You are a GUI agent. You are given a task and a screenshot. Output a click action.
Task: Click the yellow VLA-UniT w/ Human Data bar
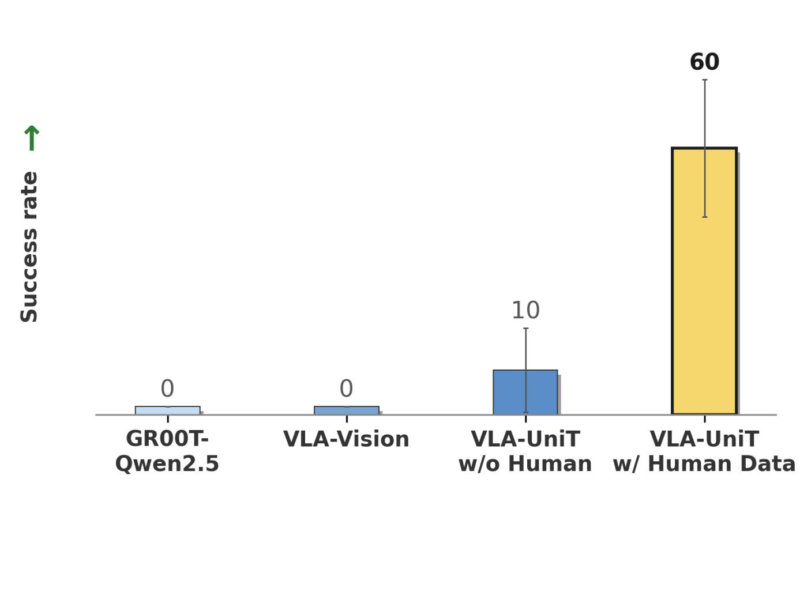click(x=704, y=281)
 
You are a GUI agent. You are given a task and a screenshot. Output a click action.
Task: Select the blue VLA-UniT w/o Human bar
click(x=525, y=392)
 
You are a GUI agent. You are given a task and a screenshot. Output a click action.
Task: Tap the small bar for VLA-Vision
click(x=346, y=410)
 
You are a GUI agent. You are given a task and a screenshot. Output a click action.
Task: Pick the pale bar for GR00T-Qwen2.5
click(x=168, y=410)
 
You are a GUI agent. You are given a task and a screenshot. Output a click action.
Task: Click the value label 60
click(x=704, y=62)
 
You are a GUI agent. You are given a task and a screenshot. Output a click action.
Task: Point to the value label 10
click(x=525, y=310)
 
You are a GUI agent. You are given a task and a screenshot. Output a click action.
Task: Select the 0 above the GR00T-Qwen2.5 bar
click(x=167, y=389)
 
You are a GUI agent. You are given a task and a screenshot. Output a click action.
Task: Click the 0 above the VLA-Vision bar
click(x=346, y=389)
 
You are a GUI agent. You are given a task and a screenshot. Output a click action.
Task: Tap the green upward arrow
click(x=32, y=138)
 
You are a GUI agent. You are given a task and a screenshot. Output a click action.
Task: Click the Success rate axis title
click(x=29, y=247)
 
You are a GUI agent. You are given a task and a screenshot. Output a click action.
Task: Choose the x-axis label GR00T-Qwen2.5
click(x=167, y=451)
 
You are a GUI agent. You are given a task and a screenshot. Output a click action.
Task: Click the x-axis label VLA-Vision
click(x=346, y=439)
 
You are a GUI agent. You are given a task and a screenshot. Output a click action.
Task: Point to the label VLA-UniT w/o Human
click(x=525, y=451)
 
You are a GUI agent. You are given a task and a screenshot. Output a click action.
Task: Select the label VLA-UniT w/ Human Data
click(x=704, y=451)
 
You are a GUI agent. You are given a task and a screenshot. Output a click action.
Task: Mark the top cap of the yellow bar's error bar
click(x=705, y=80)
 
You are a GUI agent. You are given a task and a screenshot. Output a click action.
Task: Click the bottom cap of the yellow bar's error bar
click(x=705, y=217)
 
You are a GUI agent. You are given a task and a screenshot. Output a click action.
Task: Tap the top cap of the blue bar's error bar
click(x=526, y=329)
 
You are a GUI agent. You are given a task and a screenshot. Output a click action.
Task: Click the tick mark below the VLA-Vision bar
click(x=347, y=419)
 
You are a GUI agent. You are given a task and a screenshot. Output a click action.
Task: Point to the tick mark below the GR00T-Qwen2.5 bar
click(x=168, y=419)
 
